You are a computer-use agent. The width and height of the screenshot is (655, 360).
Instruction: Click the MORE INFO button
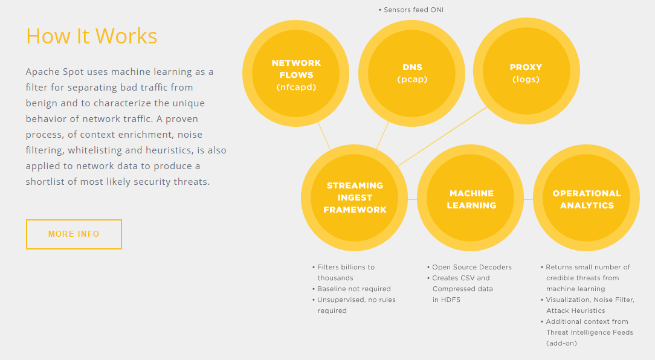tap(74, 234)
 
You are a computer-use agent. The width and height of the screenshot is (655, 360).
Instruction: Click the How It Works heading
tap(91, 36)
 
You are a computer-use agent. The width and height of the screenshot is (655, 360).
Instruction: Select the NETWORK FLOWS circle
tap(295, 74)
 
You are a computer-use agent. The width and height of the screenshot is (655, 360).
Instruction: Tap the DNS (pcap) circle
tap(412, 74)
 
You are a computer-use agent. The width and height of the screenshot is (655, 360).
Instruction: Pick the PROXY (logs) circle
tap(526, 71)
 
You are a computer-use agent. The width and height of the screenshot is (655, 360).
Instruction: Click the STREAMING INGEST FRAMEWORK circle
tap(354, 198)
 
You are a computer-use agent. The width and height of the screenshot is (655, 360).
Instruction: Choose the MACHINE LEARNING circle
tap(470, 198)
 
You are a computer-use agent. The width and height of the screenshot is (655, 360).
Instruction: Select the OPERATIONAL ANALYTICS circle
tap(587, 198)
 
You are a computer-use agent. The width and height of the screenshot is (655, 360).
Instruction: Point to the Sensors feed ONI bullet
tap(411, 10)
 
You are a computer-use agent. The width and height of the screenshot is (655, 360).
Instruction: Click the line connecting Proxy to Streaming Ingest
tap(442, 137)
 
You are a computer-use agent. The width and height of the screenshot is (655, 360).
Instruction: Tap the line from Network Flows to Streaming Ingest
tap(324, 136)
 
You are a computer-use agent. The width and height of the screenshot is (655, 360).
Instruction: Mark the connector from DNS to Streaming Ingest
tap(382, 135)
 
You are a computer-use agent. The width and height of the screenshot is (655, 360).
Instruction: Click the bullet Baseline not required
tap(351, 289)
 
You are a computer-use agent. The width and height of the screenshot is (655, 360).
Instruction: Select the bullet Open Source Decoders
tap(469, 268)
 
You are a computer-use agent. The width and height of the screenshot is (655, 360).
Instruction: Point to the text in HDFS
tap(446, 300)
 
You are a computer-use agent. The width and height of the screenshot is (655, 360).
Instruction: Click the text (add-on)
tap(561, 343)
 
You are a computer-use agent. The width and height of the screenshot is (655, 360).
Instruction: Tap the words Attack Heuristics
tap(576, 310)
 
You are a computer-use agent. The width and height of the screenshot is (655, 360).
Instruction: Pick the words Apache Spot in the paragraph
tap(55, 72)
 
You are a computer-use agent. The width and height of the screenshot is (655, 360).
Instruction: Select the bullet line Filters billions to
tap(343, 268)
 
